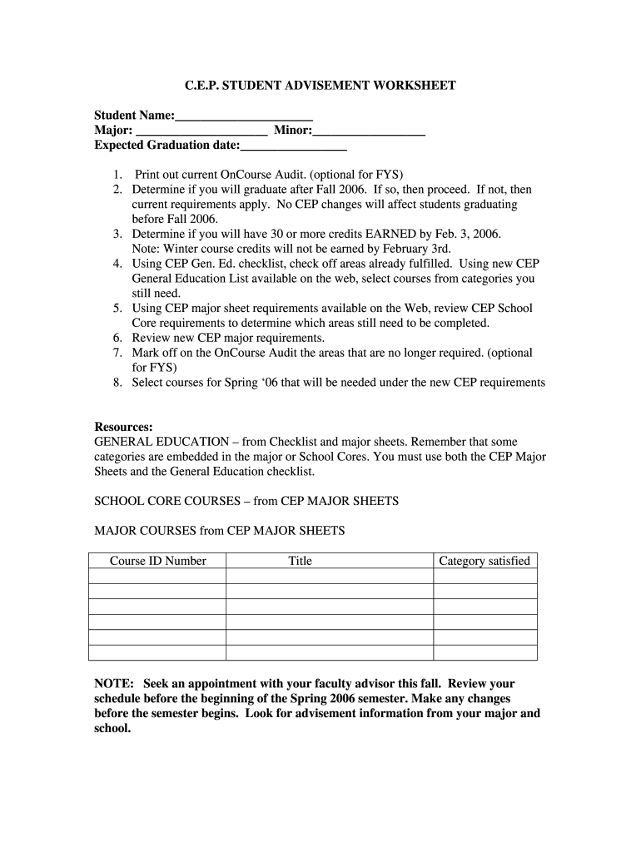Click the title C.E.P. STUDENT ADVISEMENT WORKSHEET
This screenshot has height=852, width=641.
[x=320, y=86]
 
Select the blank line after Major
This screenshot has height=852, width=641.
[x=201, y=132]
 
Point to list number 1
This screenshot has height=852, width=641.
[x=118, y=175]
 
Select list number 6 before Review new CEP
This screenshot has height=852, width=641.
[x=118, y=338]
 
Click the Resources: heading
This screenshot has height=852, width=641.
[x=123, y=427]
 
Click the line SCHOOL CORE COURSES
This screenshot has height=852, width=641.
[x=246, y=501]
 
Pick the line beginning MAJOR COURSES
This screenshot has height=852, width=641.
[x=219, y=531]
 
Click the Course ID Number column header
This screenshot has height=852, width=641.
[x=157, y=561]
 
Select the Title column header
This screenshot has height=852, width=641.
[x=300, y=561]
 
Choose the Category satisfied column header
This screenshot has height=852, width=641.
[x=484, y=561]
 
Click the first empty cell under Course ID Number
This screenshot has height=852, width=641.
[x=157, y=577]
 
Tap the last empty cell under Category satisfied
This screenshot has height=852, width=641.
[x=484, y=652]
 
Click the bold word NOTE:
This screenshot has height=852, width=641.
[x=114, y=683]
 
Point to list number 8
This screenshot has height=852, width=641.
[x=118, y=383]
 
